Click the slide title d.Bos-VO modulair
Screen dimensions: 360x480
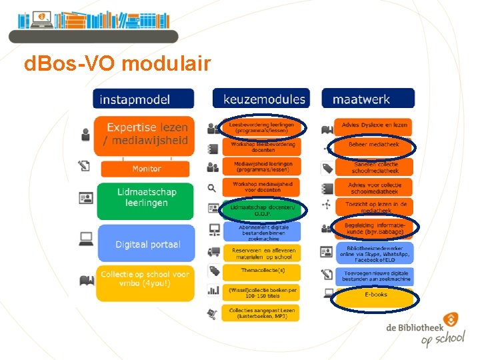click(x=117, y=65)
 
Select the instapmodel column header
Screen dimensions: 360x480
click(x=144, y=99)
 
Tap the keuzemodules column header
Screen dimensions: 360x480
click(x=261, y=99)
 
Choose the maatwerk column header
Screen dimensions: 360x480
click(x=368, y=99)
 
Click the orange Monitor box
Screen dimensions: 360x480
click(x=146, y=169)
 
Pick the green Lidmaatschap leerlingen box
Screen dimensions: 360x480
click(x=146, y=197)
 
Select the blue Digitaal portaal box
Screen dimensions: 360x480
click(x=146, y=244)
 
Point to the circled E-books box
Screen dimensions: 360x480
click(x=375, y=294)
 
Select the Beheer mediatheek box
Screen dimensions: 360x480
click(x=373, y=144)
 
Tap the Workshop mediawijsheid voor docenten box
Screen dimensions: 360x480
click(x=261, y=187)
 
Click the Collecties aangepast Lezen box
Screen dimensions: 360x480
click(x=261, y=313)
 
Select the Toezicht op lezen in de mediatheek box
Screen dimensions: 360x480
click(x=373, y=207)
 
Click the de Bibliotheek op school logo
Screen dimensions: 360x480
click(x=425, y=332)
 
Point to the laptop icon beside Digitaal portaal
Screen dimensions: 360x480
click(x=85, y=238)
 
